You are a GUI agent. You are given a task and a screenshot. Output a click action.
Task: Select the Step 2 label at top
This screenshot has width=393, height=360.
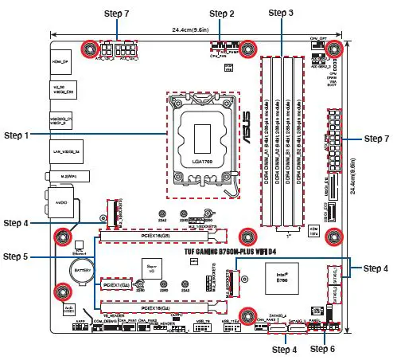pos(220,14)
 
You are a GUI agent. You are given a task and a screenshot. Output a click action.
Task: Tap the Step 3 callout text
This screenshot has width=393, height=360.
pos(281,14)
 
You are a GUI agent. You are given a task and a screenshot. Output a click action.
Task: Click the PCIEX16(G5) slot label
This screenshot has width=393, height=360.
pos(159,237)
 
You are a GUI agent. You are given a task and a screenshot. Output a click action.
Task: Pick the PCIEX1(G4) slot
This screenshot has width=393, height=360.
pos(115,284)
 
